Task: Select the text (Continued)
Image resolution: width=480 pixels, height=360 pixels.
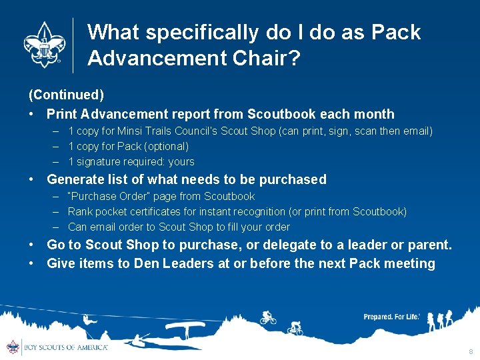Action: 65,96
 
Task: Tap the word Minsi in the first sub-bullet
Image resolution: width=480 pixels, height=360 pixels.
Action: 131,131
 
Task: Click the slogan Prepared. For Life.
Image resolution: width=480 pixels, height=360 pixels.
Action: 391,317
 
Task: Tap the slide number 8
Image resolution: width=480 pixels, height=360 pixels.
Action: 470,351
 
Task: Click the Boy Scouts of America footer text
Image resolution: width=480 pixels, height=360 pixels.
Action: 65,347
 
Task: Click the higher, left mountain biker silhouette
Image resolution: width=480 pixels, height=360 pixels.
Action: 268,317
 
